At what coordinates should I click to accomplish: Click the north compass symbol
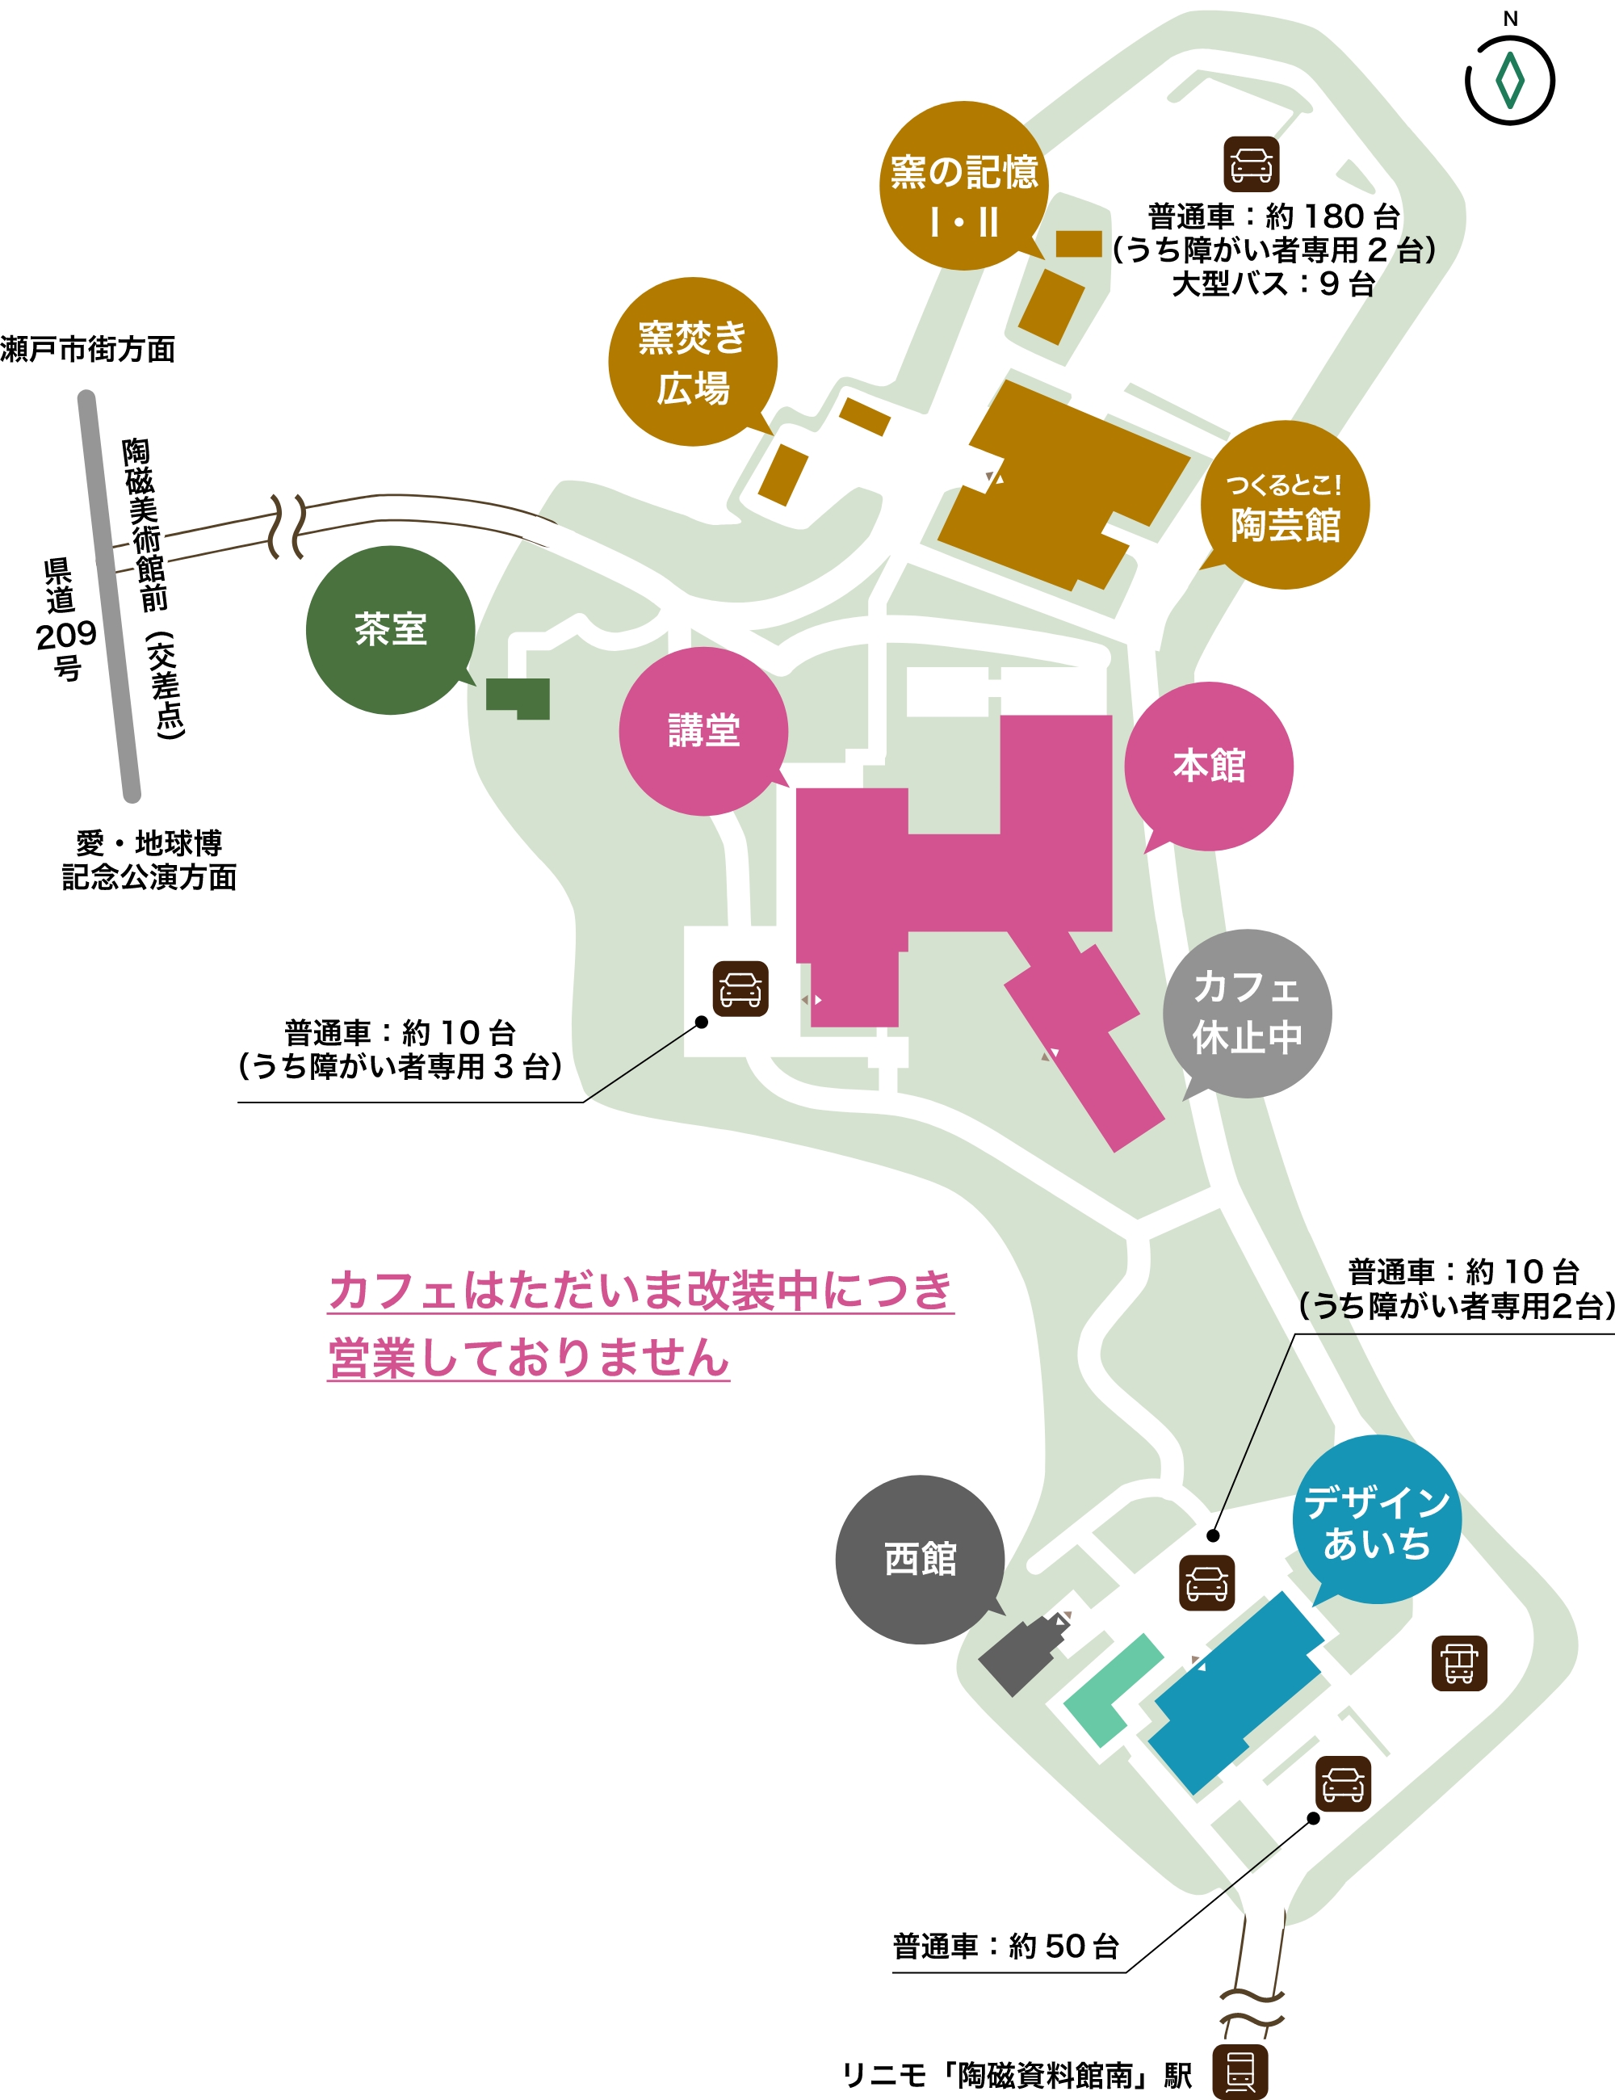(1509, 79)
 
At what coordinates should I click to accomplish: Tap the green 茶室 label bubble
(390, 630)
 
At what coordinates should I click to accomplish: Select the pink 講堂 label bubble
(703, 731)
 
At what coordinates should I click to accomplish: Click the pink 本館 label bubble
(1208, 766)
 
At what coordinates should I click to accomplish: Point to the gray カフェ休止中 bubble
(1247, 1014)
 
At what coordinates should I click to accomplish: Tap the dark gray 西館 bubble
(920, 1560)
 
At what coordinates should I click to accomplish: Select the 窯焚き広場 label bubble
(692, 362)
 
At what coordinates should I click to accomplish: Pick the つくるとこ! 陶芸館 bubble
(1284, 505)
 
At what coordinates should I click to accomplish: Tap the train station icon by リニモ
(1240, 2071)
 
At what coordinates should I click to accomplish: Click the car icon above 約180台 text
(1251, 165)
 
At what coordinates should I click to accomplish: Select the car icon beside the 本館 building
(740, 989)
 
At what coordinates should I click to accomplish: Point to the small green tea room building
(519, 697)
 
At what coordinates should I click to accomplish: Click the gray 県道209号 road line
(109, 596)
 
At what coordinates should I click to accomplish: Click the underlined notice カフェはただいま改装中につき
(640, 1291)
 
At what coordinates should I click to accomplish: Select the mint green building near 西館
(1111, 1690)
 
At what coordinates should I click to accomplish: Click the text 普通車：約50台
(1005, 1947)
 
